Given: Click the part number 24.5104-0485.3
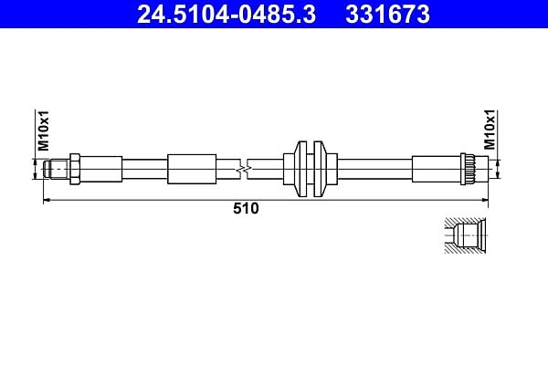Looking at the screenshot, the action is coord(227,15).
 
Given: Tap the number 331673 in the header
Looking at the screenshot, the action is coord(387,15).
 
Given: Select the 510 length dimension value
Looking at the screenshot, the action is coord(246,209).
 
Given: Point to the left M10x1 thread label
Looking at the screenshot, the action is coord(43,130).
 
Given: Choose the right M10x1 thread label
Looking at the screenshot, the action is coord(490,130).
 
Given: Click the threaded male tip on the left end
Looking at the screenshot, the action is coord(57,169).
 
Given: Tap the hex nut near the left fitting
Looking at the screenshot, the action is coord(75,169).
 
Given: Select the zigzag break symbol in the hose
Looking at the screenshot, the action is coord(244,170).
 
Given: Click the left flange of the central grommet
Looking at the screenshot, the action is coord(300,169).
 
